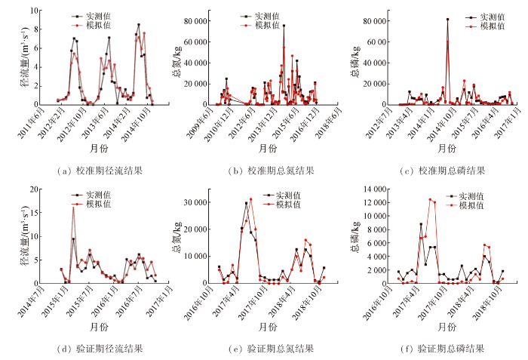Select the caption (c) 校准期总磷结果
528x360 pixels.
[x=444, y=170]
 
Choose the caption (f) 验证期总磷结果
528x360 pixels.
[x=444, y=349]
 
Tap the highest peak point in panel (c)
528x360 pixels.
[x=447, y=20]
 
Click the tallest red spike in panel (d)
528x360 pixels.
[x=73, y=207]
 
